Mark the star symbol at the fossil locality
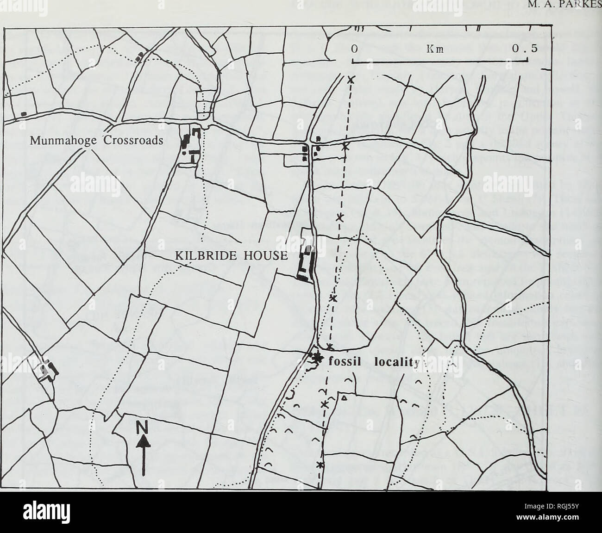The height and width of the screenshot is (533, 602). point(317,358)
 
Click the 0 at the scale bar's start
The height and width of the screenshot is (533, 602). point(353,50)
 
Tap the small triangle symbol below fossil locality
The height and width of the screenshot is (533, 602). point(344,397)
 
